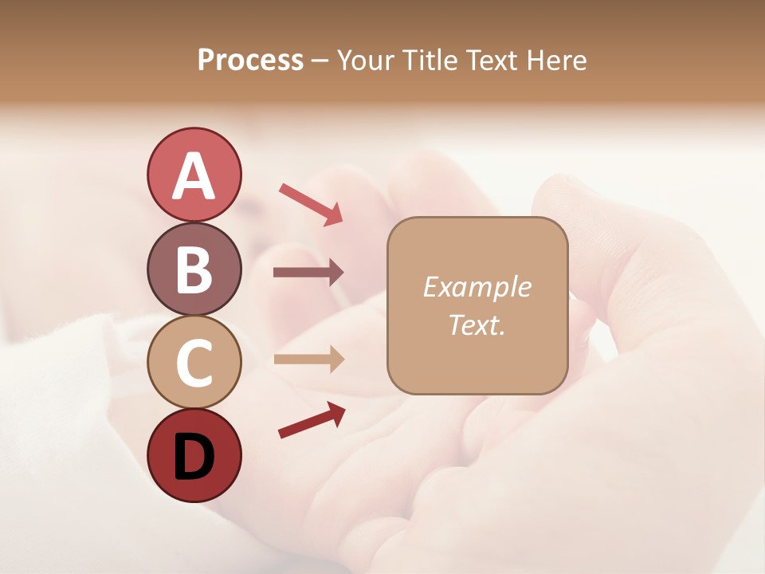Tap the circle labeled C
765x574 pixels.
[194, 362]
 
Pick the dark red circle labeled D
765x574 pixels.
[194, 455]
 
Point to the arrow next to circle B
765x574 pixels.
[308, 273]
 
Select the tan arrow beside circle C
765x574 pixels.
[308, 359]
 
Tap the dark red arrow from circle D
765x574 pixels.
[312, 420]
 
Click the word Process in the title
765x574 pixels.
[250, 60]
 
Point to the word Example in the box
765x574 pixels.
[477, 287]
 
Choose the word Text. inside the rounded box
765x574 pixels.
[477, 324]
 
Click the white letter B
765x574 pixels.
[194, 269]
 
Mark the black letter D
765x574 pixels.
[194, 456]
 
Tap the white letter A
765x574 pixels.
[194, 175]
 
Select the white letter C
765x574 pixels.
[194, 363]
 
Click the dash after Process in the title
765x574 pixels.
[320, 61]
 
